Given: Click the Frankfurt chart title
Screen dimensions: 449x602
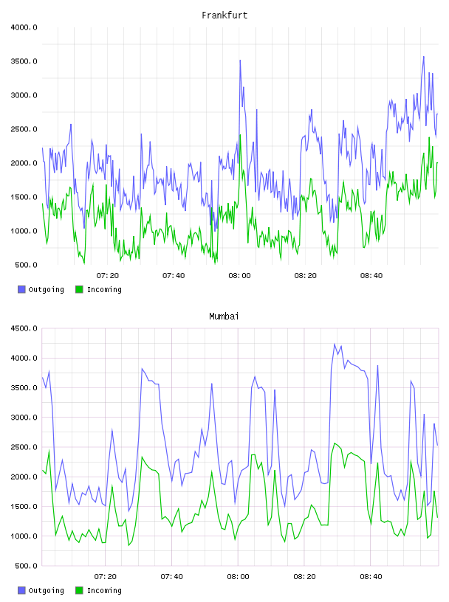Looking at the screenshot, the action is click(224, 15).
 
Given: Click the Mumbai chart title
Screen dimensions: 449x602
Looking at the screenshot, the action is click(224, 316).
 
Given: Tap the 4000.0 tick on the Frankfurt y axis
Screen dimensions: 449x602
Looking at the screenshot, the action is click(24, 27).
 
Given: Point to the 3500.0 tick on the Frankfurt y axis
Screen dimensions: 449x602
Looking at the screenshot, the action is click(24, 61).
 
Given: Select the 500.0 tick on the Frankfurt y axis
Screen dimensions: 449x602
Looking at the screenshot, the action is click(26, 265).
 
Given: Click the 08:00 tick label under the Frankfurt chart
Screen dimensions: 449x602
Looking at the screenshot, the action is click(239, 276).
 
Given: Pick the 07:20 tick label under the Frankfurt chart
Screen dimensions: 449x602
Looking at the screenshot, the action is click(108, 276).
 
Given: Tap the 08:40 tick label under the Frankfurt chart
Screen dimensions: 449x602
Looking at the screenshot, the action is click(371, 276).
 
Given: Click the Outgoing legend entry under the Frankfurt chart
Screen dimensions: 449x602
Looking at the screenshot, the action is click(41, 289).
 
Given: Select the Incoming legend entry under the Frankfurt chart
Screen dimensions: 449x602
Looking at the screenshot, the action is click(98, 289).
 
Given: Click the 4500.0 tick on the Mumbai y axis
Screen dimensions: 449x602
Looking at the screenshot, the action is click(24, 328).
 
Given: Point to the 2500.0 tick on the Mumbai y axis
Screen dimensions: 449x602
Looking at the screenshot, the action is click(24, 447).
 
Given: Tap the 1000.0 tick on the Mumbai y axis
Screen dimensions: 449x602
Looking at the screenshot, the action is click(24, 536).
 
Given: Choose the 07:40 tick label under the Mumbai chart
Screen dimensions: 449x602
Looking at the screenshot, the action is click(171, 577).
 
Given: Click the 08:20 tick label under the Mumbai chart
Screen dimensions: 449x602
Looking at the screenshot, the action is click(304, 577).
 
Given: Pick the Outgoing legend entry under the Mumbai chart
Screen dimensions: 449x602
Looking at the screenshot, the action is click(41, 590).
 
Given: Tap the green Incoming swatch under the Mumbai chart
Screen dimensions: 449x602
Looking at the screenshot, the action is click(79, 590).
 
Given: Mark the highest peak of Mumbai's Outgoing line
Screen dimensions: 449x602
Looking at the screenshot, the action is click(335, 344).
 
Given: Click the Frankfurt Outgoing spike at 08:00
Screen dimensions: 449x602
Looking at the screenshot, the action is click(240, 60).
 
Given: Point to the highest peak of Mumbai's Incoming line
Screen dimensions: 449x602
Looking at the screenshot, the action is click(335, 443).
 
